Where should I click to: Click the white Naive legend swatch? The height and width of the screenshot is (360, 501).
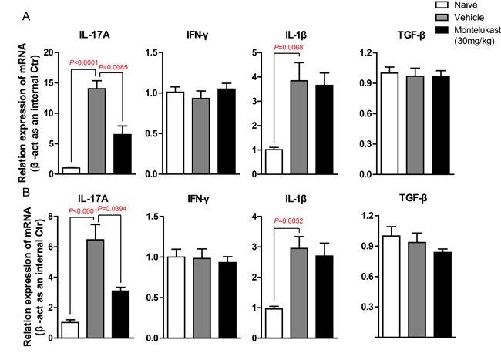click(x=442, y=5)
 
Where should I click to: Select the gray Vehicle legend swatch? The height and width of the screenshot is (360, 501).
click(x=442, y=17)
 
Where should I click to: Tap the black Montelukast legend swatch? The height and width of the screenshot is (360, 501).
click(x=442, y=30)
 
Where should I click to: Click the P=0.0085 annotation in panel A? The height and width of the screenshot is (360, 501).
click(x=113, y=67)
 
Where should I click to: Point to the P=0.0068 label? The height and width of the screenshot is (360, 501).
click(x=288, y=48)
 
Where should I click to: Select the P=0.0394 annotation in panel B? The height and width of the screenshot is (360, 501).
click(x=112, y=209)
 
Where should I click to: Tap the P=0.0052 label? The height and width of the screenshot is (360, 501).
click(x=288, y=221)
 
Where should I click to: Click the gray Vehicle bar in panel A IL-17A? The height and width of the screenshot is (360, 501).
click(x=97, y=131)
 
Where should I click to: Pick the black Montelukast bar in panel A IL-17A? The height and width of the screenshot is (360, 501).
click(x=123, y=154)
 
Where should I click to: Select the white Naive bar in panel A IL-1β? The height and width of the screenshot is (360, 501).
click(x=274, y=162)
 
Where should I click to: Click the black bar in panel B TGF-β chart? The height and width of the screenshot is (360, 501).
click(x=442, y=294)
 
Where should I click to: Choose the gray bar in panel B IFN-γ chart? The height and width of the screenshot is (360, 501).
click(x=202, y=298)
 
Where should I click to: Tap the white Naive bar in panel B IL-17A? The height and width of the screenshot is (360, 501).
click(x=70, y=330)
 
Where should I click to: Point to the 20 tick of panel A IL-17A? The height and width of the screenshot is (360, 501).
click(x=49, y=52)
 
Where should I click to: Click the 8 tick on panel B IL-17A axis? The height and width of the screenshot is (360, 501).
click(x=50, y=217)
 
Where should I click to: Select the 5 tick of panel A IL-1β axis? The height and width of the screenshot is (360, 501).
click(x=254, y=52)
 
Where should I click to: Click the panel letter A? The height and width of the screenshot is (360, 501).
click(x=26, y=16)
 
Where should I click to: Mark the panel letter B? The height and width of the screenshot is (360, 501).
click(x=26, y=192)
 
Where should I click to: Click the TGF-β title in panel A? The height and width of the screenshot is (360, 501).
click(x=412, y=35)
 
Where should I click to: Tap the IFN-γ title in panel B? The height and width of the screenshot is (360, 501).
click(x=198, y=200)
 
